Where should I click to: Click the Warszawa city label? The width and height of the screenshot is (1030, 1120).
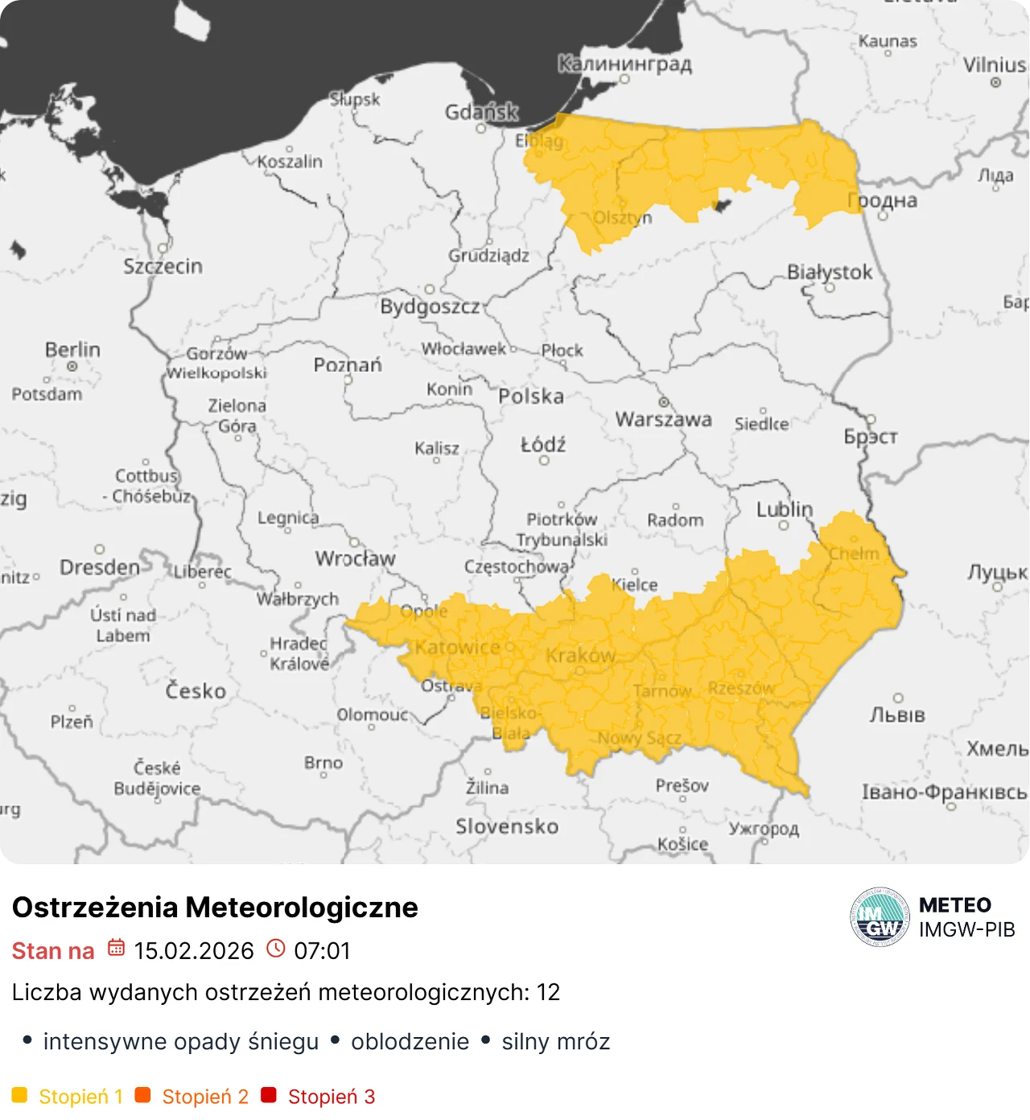click(x=663, y=419)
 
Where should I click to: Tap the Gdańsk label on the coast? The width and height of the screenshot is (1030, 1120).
click(x=481, y=112)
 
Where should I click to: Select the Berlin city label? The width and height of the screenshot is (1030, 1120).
click(x=72, y=350)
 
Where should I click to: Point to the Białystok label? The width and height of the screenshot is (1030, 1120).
click(x=829, y=272)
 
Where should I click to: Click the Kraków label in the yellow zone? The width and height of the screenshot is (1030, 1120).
click(x=580, y=656)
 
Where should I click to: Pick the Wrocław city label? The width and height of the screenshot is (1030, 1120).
click(x=355, y=558)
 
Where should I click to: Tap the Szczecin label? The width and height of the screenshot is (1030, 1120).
click(x=163, y=266)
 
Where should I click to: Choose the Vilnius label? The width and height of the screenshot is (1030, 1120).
click(x=995, y=65)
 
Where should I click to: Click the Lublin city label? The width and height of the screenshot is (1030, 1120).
click(x=784, y=509)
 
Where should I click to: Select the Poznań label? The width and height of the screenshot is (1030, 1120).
click(x=348, y=365)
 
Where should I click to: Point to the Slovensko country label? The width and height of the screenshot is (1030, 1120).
click(x=506, y=826)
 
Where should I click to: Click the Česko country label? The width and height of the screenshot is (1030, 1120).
click(x=196, y=691)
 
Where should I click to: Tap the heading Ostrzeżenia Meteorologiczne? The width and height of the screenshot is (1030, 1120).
click(x=215, y=907)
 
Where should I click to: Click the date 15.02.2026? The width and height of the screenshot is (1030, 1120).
click(x=194, y=951)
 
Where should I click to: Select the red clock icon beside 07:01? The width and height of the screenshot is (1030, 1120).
click(x=276, y=949)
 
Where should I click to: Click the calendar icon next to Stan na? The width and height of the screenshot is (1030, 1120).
click(x=117, y=948)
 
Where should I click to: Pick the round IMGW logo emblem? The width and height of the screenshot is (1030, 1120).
click(x=880, y=917)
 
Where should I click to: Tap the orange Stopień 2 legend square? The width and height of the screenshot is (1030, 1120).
click(x=143, y=1095)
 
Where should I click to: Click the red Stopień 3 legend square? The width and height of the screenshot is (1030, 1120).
click(x=269, y=1095)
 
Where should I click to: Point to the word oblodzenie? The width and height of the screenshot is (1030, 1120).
click(x=410, y=1042)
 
